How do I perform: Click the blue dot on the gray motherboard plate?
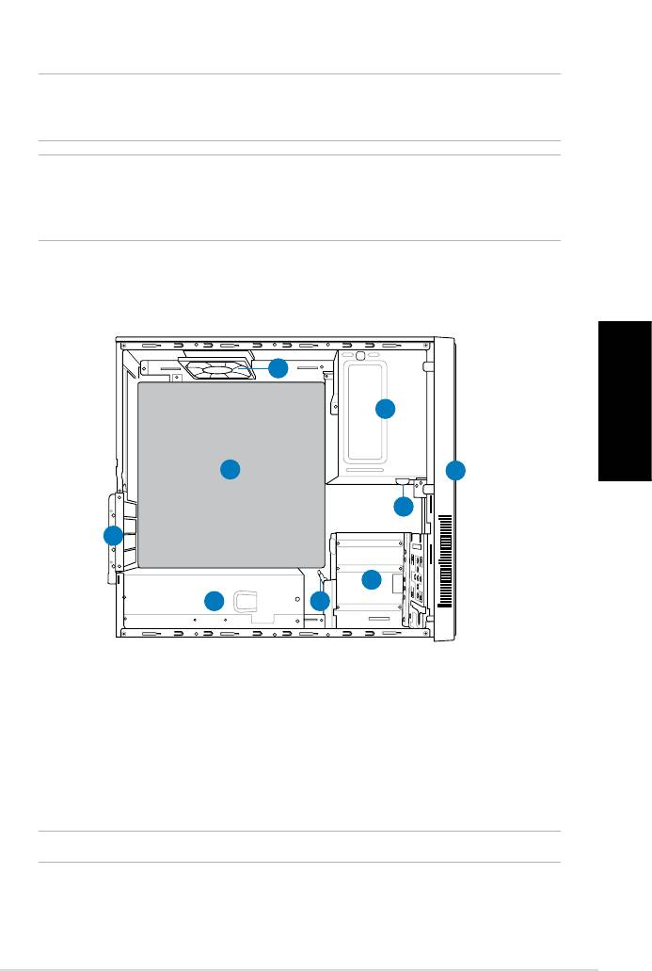pos(231,468)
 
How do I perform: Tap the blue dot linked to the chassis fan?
pos(278,367)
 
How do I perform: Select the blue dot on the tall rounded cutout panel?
pos(385,409)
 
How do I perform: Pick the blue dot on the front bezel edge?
pos(455,470)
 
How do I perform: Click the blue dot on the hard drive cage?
pos(372,579)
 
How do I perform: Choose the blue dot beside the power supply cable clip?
pos(215,600)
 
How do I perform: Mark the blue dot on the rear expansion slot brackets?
pos(113,536)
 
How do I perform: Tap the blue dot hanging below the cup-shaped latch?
pos(403,507)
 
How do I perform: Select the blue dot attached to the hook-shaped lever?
pos(321,600)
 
